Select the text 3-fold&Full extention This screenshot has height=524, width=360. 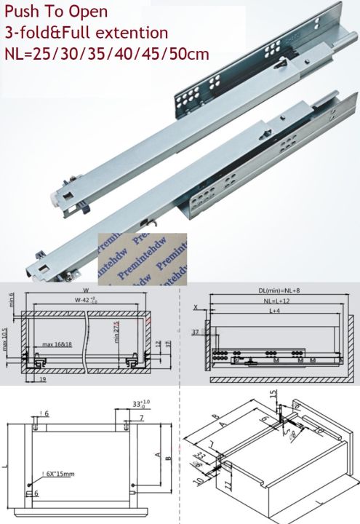pyautogui.click(x=86, y=33)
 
